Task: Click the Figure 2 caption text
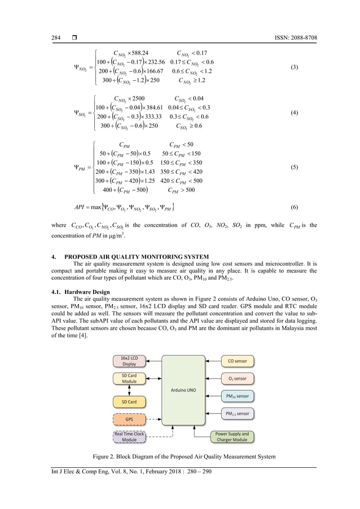[x=180, y=456]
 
